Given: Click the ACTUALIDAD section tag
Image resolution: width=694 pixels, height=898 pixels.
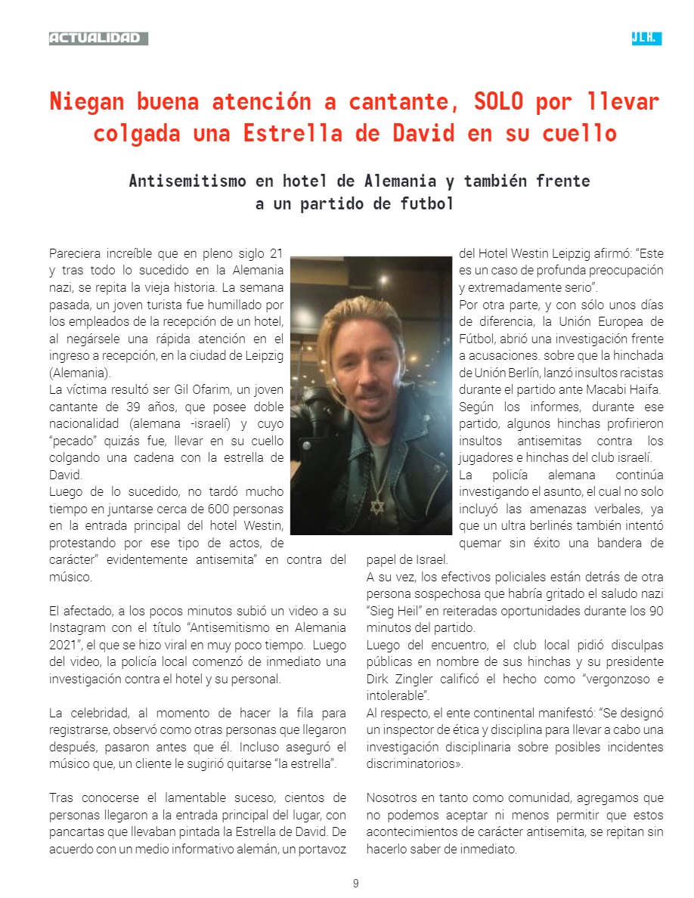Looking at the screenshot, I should (x=96, y=39).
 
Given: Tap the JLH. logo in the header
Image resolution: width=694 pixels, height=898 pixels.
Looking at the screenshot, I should (x=646, y=39).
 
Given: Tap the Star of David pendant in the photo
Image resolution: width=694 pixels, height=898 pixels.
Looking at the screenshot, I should (x=376, y=506).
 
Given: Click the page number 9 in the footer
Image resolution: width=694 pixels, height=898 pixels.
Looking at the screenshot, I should (x=355, y=884).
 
